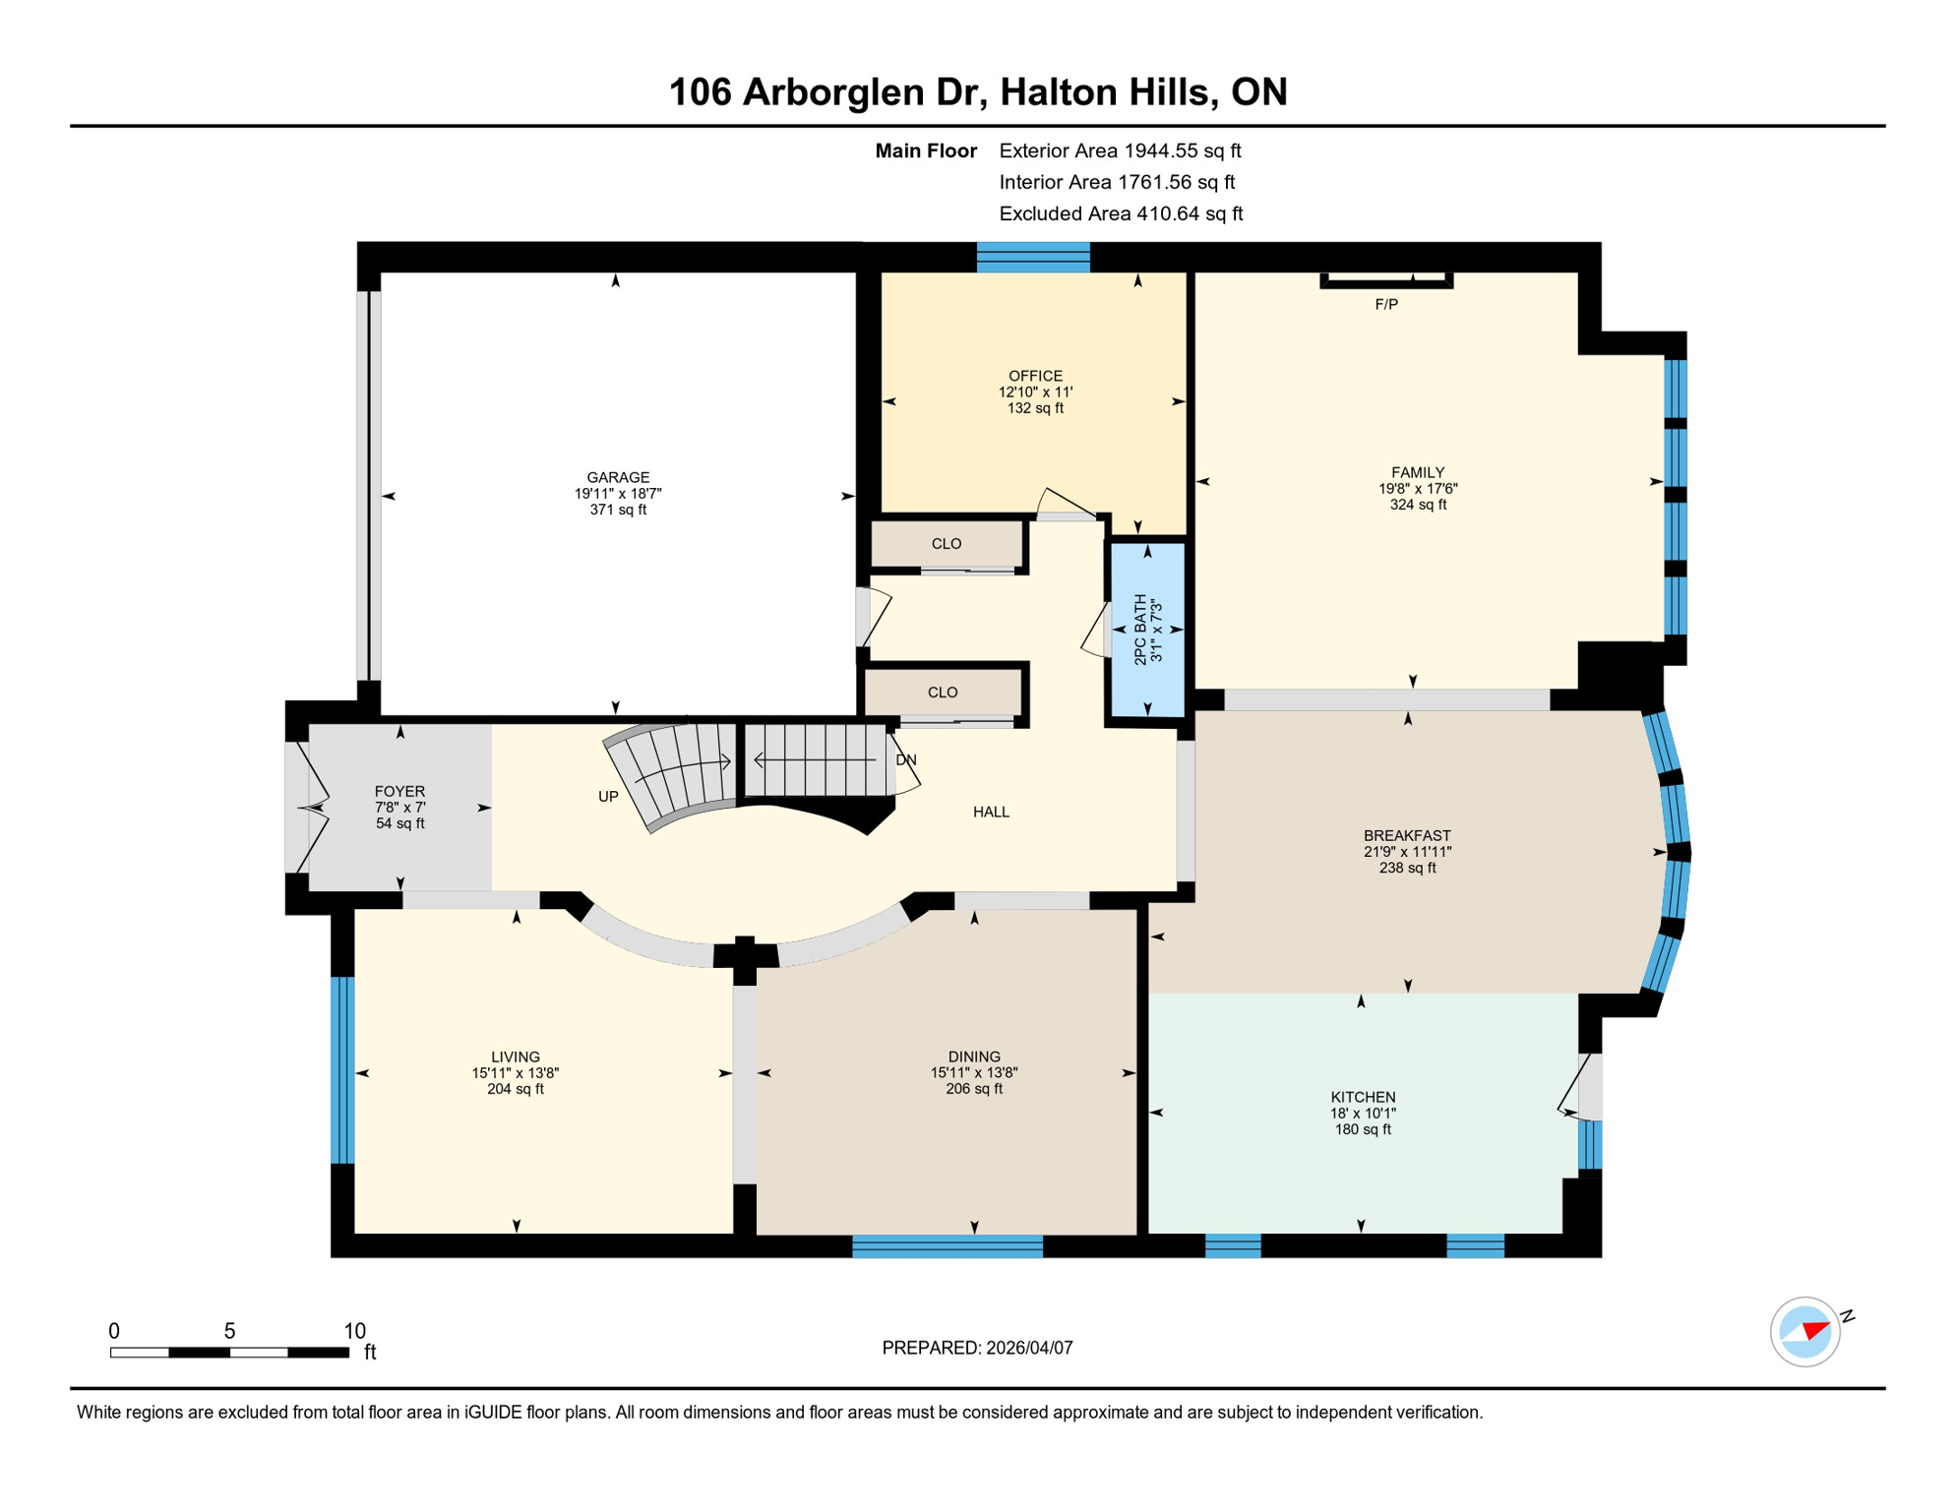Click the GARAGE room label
click(x=618, y=477)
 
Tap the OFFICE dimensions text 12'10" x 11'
click(x=1035, y=392)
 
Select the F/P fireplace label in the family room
click(x=1385, y=304)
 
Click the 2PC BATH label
click(x=1140, y=630)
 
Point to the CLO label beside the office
click(x=946, y=544)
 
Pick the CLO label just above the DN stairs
click(x=942, y=693)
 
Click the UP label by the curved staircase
click(x=608, y=796)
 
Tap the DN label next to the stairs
click(x=905, y=760)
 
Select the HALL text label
click(x=991, y=812)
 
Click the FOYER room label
click(x=399, y=791)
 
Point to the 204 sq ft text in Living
click(x=515, y=1089)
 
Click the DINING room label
click(x=973, y=1057)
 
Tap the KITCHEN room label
click(x=1362, y=1097)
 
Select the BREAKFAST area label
click(x=1406, y=835)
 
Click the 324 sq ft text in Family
click(x=1417, y=505)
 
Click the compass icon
click(x=1804, y=1331)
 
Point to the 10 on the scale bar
click(x=354, y=1331)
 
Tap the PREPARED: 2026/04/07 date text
click(x=976, y=1348)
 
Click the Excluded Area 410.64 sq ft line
click(x=1120, y=213)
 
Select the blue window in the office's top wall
click(x=1032, y=257)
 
